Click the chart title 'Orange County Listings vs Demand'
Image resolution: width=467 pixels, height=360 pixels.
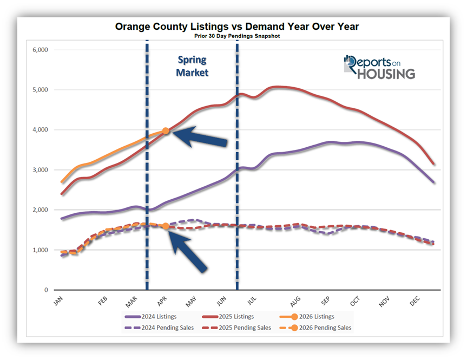click(x=236, y=27)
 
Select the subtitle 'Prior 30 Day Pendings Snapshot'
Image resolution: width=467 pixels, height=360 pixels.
click(x=236, y=36)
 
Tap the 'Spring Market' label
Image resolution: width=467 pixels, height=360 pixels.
click(x=192, y=66)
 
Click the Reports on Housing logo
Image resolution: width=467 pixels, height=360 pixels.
click(x=379, y=67)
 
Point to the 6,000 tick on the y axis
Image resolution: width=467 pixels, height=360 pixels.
click(x=41, y=50)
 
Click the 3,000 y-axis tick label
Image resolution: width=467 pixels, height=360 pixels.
click(x=41, y=170)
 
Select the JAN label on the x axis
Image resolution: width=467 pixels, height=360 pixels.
click(x=58, y=302)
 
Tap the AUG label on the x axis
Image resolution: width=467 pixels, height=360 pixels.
click(x=295, y=302)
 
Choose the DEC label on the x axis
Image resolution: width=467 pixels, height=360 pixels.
click(x=415, y=302)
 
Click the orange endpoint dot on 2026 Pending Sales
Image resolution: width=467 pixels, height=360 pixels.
click(x=166, y=226)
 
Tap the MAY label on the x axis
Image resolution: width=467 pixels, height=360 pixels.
click(x=190, y=302)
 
